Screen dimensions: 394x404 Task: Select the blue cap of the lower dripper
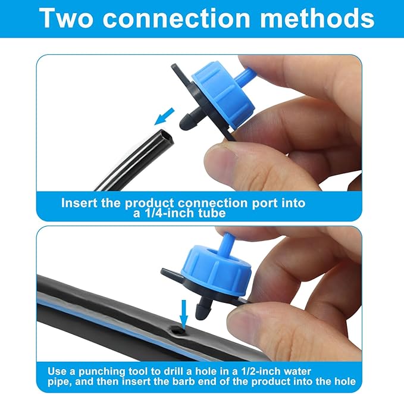pos(220,270)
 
